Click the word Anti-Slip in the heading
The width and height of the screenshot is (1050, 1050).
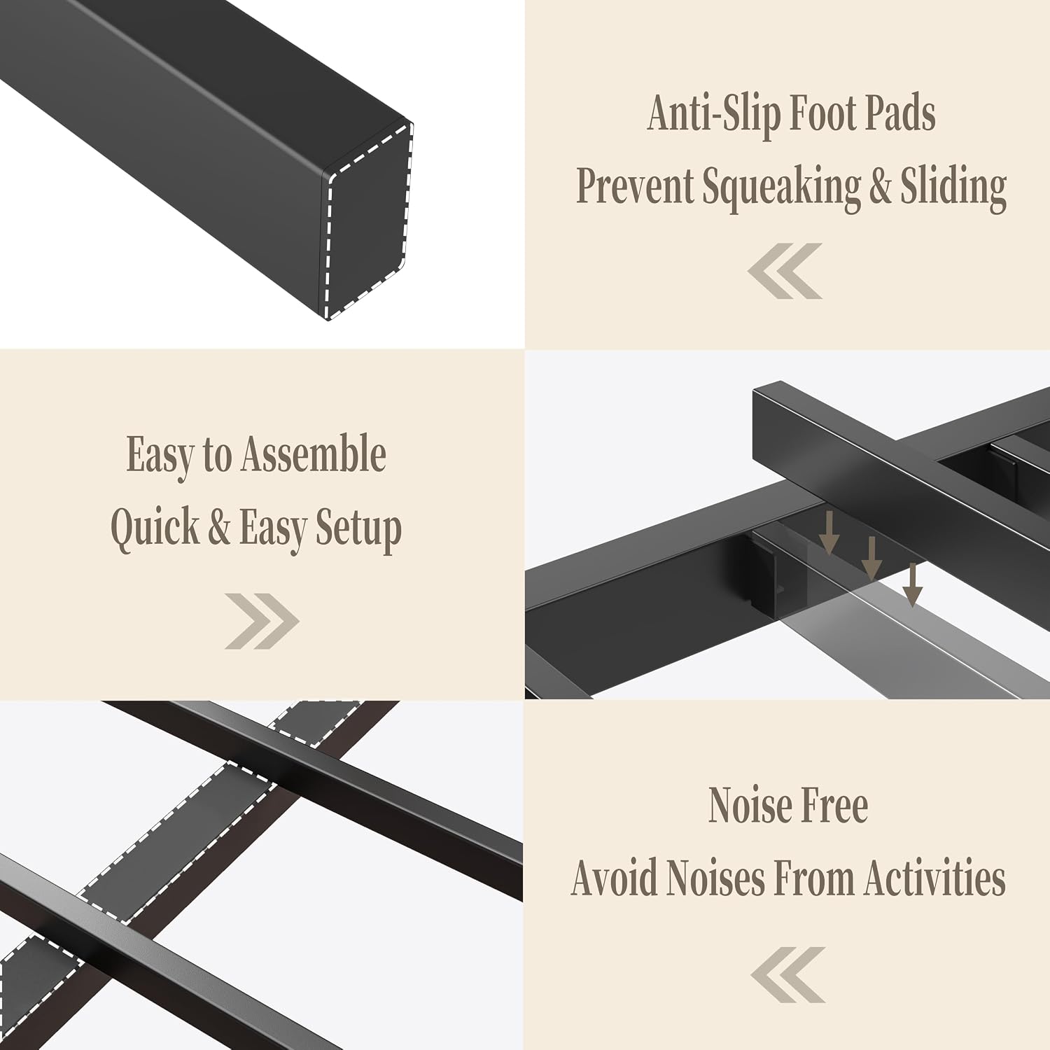(x=713, y=113)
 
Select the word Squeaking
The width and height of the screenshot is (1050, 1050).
(x=781, y=188)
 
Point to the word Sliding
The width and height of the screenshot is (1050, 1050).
(x=953, y=188)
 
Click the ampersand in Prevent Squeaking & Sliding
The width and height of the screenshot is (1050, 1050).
(x=881, y=186)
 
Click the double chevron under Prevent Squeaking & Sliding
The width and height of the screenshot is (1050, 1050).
(x=785, y=271)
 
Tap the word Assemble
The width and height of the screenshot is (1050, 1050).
(x=314, y=455)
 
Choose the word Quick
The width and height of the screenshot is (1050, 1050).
(x=155, y=528)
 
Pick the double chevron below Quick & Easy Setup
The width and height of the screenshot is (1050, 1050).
(x=262, y=621)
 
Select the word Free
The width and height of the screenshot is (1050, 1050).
(x=834, y=806)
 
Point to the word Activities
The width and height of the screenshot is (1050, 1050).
(x=935, y=878)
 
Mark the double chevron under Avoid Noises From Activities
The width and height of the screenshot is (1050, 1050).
(x=788, y=975)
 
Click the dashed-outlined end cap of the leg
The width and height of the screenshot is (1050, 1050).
(x=367, y=220)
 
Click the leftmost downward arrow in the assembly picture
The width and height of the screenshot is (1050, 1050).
(x=829, y=533)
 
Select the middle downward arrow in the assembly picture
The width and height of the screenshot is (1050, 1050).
(x=871, y=558)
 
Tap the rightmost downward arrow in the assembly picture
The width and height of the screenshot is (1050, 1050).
(x=912, y=584)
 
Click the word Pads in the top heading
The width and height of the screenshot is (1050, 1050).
(x=899, y=113)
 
